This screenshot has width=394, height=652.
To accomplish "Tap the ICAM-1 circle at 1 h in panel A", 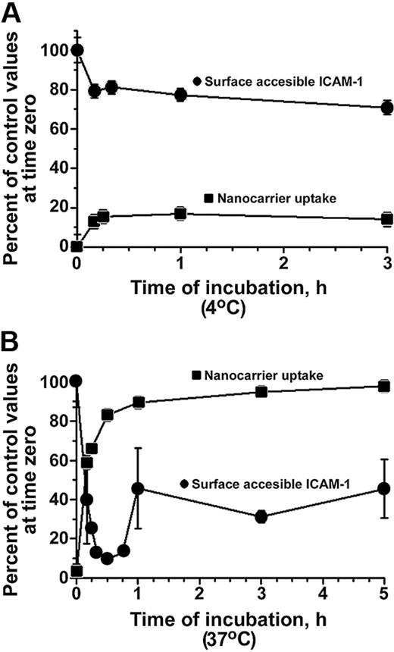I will coord(180,95).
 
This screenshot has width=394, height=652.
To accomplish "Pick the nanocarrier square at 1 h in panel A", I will coord(180,214).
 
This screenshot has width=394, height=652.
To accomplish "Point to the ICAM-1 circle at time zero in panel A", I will coord(77,50).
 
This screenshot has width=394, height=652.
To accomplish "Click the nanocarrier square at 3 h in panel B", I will coord(261,391).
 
